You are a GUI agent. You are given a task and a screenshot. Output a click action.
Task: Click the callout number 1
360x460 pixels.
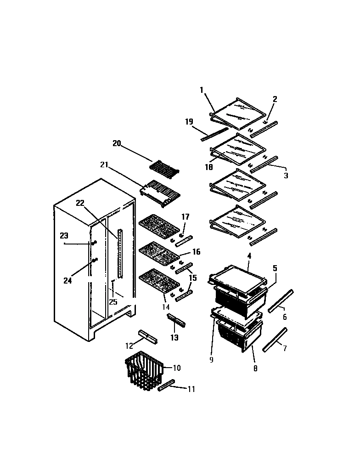pos(201,90)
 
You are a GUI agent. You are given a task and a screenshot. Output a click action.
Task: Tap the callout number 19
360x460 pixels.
pos(189,122)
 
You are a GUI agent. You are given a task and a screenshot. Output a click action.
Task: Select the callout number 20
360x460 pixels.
pos(117,143)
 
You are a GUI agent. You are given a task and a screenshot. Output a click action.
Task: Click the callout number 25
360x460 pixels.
pos(113,301)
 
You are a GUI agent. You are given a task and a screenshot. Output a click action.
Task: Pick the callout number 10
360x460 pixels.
pos(176,368)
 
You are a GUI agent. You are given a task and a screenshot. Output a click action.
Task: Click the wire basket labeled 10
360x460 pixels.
pos(144,371)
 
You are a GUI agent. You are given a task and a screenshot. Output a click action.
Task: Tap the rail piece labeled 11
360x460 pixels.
pos(167,385)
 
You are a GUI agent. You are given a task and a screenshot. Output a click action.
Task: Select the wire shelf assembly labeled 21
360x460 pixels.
pos(160,189)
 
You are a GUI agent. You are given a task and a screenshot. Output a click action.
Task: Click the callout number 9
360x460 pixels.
pos(211,360)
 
